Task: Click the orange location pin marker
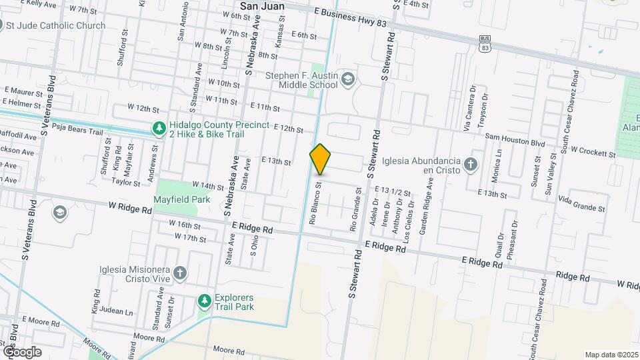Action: click(321, 159)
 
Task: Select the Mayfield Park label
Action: click(181, 199)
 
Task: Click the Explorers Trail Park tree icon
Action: click(204, 302)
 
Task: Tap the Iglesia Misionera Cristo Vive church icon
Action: click(181, 273)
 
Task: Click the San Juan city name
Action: click(262, 6)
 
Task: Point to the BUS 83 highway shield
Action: click(485, 44)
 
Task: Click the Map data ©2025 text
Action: click(611, 355)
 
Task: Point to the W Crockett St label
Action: click(592, 152)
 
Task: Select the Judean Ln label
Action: click(117, 311)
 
